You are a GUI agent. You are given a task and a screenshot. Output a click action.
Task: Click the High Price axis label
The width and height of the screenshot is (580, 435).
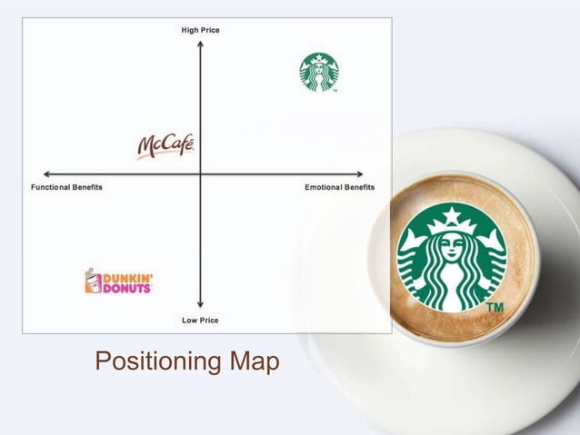point(200,30)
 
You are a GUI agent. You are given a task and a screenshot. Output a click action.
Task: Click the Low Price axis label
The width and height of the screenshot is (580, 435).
point(200,320)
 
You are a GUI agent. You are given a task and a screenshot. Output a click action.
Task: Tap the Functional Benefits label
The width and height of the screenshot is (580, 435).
point(66,187)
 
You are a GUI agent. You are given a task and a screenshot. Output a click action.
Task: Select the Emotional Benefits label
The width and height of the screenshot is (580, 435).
point(339,187)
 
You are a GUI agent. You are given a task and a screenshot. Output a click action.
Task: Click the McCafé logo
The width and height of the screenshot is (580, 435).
point(165,145)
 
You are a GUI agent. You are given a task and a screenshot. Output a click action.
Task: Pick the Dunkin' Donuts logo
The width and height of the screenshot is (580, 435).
point(117,282)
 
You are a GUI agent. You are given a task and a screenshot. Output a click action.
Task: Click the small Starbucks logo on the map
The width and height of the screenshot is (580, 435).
point(318,72)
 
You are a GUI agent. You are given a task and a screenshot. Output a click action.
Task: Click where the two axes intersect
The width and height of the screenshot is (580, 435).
point(200,173)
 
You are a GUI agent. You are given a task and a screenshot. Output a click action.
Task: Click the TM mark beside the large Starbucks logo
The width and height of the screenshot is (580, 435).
point(495,309)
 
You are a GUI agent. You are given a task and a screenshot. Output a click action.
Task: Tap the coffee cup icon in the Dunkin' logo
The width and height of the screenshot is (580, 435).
point(90,282)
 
